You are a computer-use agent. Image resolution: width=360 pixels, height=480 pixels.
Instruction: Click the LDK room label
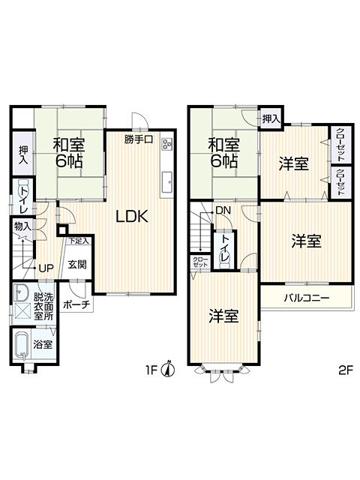coord(132,217)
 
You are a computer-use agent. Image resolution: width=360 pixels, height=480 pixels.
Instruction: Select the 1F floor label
coord(151,370)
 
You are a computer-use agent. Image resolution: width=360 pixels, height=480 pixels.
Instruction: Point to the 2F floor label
coord(346,370)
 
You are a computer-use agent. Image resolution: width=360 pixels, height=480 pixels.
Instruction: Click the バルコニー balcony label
coord(307,298)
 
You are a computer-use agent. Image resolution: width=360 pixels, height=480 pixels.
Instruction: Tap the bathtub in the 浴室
coord(22,346)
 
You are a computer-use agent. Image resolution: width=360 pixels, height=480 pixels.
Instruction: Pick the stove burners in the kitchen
coord(167,143)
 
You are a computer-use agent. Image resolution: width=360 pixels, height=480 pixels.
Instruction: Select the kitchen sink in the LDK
coord(167,182)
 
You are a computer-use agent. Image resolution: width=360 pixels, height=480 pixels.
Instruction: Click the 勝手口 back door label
coord(138,139)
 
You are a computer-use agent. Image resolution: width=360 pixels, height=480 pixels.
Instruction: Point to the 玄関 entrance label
coord(76,265)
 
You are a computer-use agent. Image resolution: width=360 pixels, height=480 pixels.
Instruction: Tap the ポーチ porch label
coord(76,305)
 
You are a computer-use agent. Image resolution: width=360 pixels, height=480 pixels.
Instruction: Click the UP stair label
coord(46,268)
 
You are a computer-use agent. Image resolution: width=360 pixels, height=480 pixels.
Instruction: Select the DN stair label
coord(223,211)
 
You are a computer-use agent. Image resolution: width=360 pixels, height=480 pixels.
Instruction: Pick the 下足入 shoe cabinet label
coord(78,241)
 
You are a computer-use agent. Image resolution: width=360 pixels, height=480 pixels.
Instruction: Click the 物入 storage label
coord(22,226)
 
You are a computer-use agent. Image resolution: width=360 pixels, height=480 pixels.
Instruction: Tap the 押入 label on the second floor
coord(271,118)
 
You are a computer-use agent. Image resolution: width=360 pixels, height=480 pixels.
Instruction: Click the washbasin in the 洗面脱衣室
coord(20,292)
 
